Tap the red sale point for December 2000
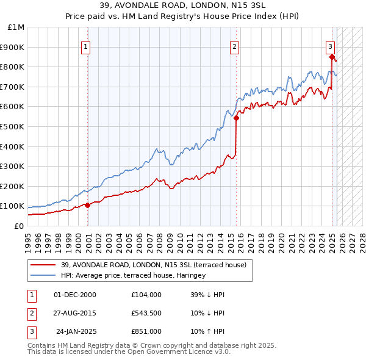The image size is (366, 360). pos(87,205)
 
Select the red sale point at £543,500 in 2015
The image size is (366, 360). pos(236,118)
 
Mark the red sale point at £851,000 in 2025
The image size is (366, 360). pos(332,57)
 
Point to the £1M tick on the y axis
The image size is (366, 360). pos(17,27)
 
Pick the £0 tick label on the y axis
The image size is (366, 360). pos(20,226)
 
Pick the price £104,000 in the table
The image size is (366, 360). pos(146,295)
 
